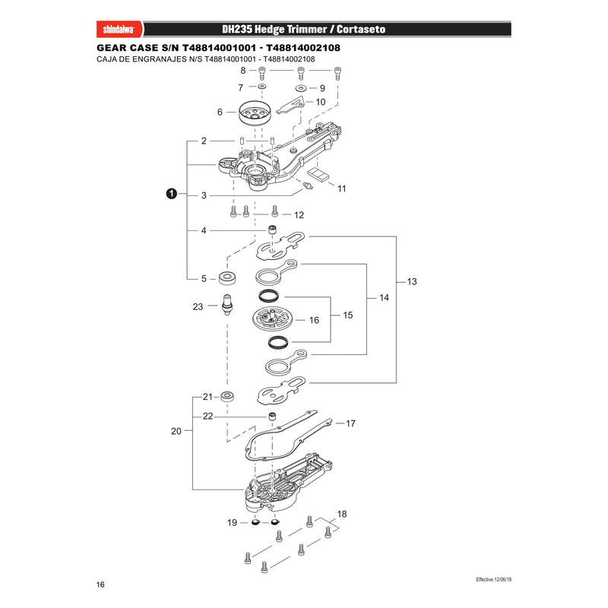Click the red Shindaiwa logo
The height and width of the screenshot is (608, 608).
point(119,30)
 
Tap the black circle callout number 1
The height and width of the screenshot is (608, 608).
point(172,194)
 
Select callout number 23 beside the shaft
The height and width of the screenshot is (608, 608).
point(198,307)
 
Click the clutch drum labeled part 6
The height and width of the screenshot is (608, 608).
point(255,112)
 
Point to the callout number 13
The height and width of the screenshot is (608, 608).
point(412,281)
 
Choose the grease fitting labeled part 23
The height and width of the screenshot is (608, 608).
point(227,305)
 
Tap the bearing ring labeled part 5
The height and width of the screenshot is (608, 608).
point(228,278)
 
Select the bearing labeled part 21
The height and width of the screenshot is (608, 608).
point(226,397)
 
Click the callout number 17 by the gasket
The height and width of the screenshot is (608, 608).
point(350,423)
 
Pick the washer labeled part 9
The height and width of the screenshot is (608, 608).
point(301,88)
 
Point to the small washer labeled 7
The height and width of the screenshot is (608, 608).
point(262,86)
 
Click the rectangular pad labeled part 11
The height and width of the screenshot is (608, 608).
point(318,174)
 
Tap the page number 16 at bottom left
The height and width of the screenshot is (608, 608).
point(100,584)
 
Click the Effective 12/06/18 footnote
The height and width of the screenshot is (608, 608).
point(493,579)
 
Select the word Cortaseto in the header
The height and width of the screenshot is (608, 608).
point(361,30)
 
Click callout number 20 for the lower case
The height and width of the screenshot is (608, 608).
point(176,431)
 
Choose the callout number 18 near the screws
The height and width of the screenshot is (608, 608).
point(341,515)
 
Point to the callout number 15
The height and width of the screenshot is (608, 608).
point(348,315)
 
